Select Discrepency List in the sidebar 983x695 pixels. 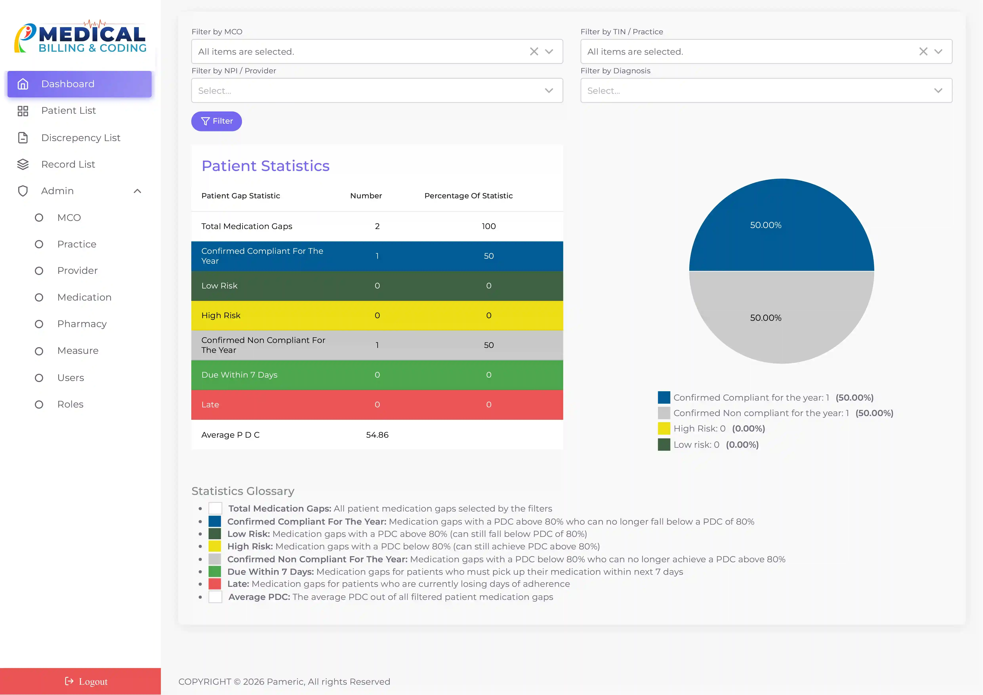[80, 138]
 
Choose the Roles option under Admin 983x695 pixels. [70, 404]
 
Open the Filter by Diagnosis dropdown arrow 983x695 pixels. [938, 91]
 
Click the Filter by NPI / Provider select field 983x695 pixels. [368, 91]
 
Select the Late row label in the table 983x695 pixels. [210, 405]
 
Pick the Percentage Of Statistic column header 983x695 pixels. [468, 196]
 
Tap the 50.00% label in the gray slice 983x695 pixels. [766, 318]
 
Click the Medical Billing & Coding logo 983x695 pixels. [80, 38]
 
